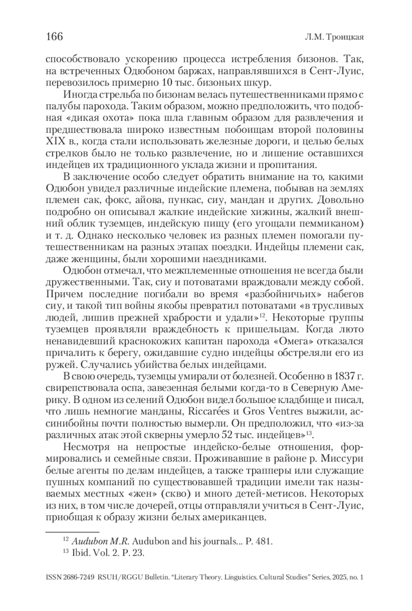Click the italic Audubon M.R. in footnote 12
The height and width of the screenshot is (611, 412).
[x=100, y=542]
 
